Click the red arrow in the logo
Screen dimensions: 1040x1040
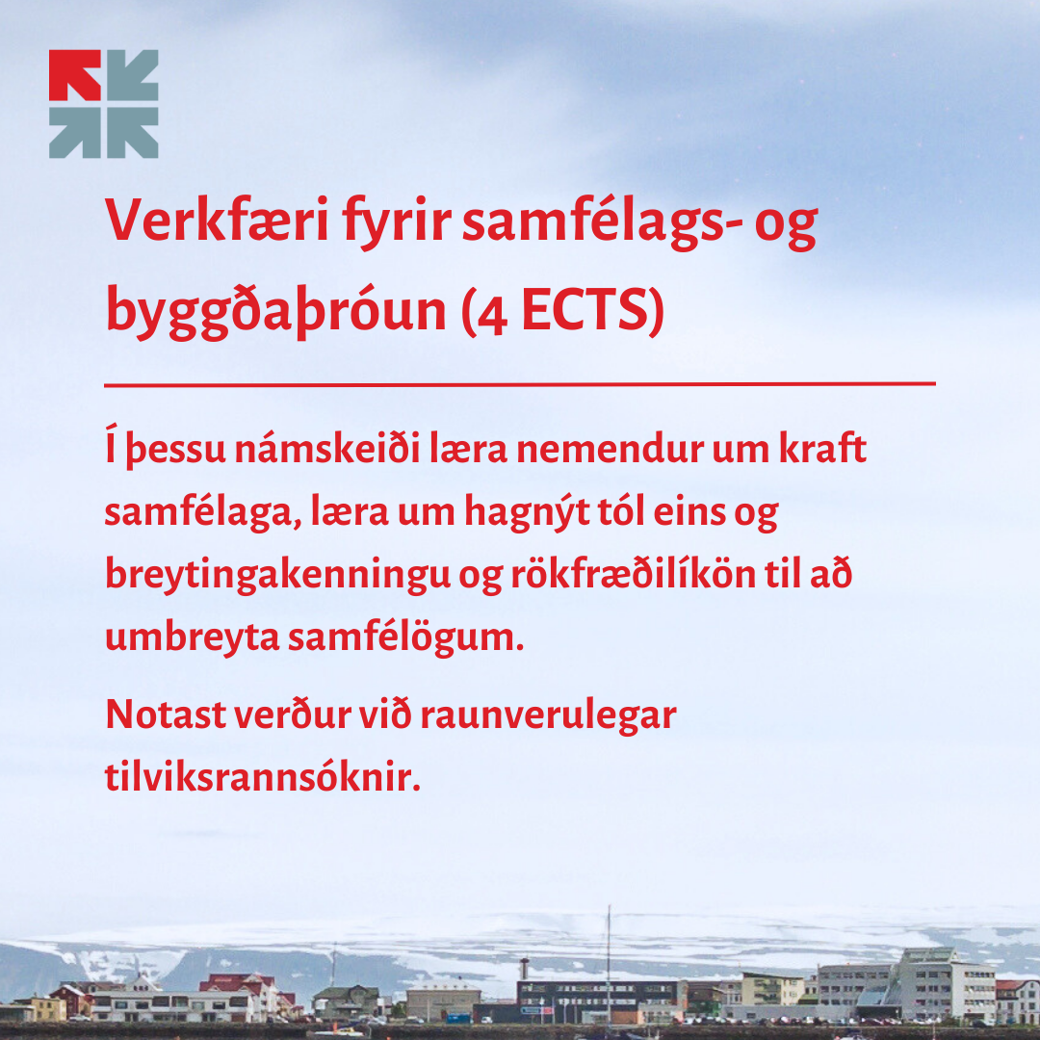coord(74,75)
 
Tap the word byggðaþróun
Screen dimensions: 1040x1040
coord(276,311)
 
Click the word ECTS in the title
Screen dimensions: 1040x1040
coord(584,310)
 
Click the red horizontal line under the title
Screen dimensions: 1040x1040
coord(520,383)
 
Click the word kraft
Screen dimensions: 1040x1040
coord(821,448)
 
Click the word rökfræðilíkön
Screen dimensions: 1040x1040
coord(633,574)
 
